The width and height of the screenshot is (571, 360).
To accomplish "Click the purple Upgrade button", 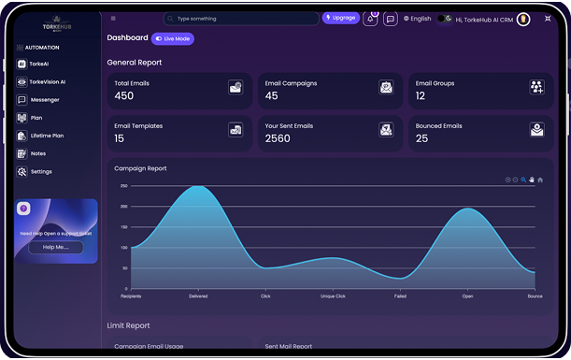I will click(340, 18).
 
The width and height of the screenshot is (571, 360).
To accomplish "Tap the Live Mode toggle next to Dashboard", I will click(173, 38).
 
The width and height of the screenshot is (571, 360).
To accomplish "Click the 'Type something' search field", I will click(241, 18).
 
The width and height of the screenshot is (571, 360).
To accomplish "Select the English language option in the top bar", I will click(418, 18).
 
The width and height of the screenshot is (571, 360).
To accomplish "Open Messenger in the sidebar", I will click(44, 99).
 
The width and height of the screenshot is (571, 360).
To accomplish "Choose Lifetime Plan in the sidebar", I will click(47, 136).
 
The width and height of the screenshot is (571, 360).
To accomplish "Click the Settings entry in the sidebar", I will click(41, 172).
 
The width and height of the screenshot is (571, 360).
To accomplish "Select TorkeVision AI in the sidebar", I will click(47, 81).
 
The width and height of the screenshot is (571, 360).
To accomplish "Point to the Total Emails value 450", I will click(124, 96).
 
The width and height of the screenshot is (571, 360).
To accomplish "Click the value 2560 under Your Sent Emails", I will click(278, 138).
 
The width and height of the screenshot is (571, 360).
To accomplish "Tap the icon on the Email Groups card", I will click(536, 87).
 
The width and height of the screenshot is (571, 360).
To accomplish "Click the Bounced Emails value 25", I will click(422, 138).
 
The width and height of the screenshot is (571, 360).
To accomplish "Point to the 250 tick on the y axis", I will click(123, 185).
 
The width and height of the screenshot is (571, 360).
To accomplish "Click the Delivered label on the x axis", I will click(198, 296).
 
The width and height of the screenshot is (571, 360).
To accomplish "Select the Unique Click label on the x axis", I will click(333, 296).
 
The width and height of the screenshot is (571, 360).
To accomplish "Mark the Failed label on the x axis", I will click(400, 296).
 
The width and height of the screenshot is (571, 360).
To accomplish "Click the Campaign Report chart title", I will click(140, 168).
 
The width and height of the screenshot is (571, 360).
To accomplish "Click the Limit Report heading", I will click(128, 325).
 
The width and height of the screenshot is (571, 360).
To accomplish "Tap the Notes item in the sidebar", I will click(37, 153).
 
